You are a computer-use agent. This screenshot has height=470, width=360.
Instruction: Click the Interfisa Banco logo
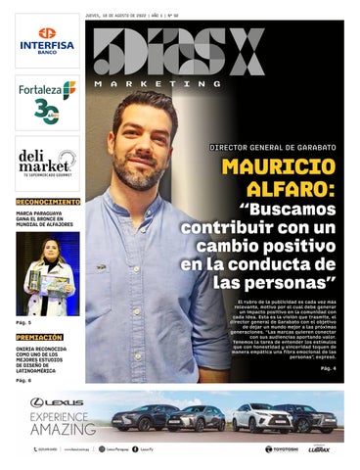[x=47, y=43]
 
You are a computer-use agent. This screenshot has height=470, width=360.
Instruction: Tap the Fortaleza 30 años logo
[x=47, y=99]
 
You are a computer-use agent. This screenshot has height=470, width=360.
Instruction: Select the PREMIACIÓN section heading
[x=39, y=337]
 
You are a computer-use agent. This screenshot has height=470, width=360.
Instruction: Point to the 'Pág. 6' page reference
[x=23, y=380]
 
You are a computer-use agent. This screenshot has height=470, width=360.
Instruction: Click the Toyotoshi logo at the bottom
[x=282, y=449]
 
